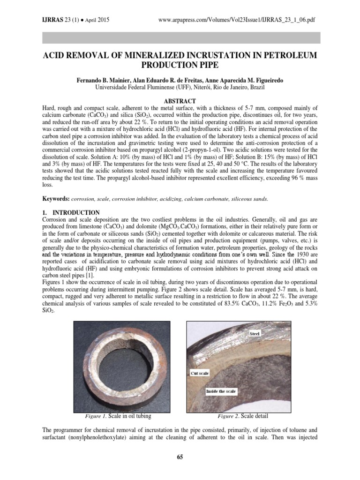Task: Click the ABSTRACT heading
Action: (x=180, y=101)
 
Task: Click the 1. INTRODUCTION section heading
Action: (x=71, y=212)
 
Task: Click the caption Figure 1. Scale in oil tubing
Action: (x=117, y=415)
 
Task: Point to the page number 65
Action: (x=180, y=457)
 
